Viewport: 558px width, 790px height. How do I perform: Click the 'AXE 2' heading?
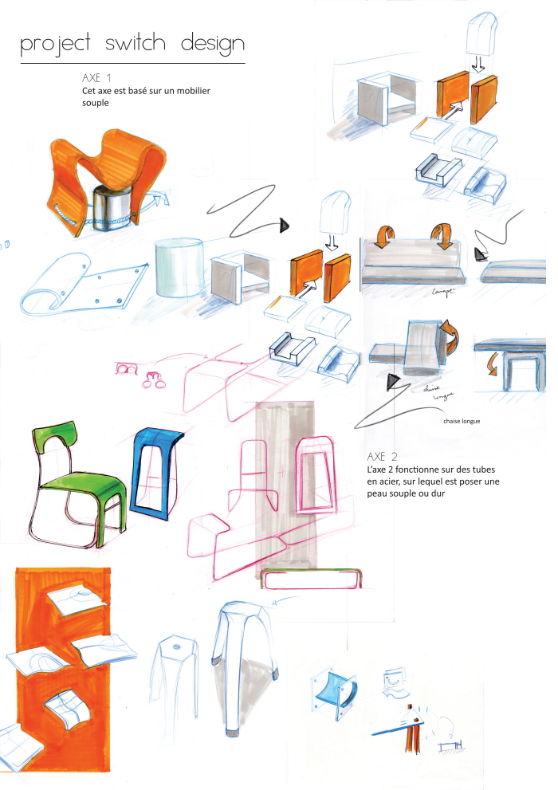382,458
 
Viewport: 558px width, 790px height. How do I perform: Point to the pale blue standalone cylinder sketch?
179,271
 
